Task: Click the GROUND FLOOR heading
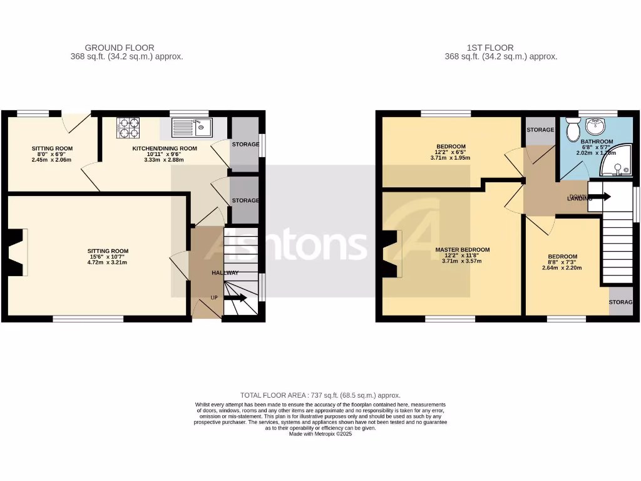point(120,48)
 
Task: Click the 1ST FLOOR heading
point(490,48)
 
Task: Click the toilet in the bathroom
point(572,131)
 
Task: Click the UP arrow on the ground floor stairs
point(236,298)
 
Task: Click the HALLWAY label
point(225,273)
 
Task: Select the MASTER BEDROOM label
point(463,250)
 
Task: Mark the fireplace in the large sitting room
point(17,252)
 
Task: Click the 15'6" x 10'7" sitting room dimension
point(108,257)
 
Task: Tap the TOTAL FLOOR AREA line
point(320,395)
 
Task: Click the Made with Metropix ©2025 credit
point(320,434)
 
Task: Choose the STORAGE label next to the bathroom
point(540,130)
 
